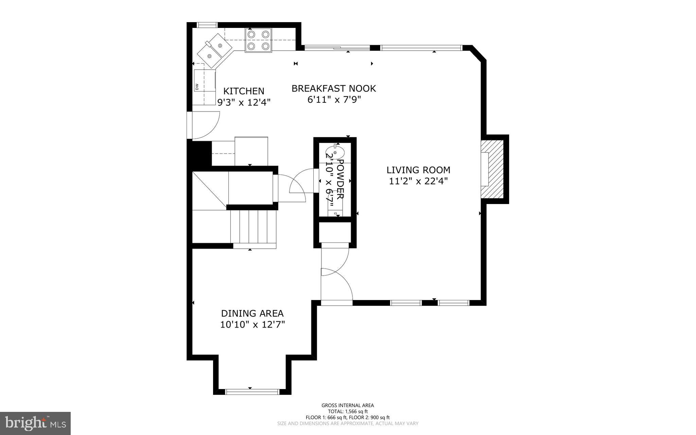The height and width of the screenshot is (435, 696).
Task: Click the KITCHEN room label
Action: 244,91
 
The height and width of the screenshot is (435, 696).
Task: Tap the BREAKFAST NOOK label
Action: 333,88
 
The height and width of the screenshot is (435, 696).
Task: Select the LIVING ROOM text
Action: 418,170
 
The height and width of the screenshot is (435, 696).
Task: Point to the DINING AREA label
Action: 252,313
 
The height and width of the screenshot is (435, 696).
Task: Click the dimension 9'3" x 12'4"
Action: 244,102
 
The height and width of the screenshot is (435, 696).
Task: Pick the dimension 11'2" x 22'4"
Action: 418,181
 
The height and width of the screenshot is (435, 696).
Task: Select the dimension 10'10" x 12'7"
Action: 252,324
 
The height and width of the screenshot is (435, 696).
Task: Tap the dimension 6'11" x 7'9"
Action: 333,100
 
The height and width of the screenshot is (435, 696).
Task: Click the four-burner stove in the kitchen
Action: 258,40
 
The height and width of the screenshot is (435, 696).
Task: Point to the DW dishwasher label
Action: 197,87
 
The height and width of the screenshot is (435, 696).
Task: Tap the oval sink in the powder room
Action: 335,152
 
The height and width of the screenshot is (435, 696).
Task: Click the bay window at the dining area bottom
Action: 252,392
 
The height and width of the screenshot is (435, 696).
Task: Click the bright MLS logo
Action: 35,423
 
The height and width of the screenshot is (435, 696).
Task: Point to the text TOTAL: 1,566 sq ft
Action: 347,411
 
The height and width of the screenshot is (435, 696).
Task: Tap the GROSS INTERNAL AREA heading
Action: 347,405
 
